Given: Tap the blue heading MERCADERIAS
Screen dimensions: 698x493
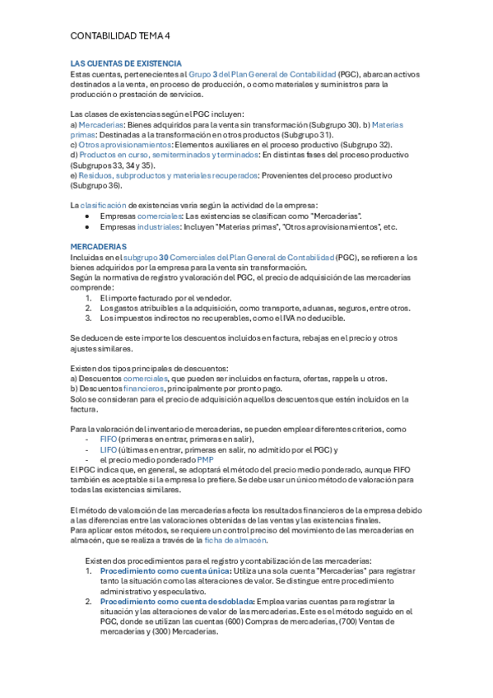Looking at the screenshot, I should tap(99, 246).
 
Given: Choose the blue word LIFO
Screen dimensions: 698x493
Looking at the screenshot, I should tap(109, 449).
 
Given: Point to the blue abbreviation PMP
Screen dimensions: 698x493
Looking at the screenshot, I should tap(205, 459).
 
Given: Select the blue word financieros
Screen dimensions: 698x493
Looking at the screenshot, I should tap(142, 389).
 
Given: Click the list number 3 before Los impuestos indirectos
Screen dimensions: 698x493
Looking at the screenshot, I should tap(89, 318).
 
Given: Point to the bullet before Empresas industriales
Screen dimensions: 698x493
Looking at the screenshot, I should tap(87, 226).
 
